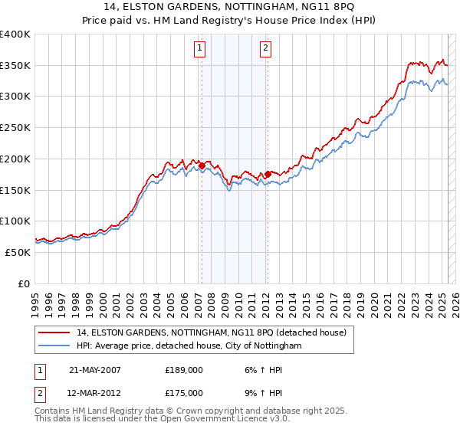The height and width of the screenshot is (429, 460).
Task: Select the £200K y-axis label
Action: click(15, 159)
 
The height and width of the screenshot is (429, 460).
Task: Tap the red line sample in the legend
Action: click(55, 333)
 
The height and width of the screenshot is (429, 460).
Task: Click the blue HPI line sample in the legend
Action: click(55, 345)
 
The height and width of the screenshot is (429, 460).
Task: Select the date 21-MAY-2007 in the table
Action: click(94, 369)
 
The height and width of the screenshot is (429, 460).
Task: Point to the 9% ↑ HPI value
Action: click(257, 392)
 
